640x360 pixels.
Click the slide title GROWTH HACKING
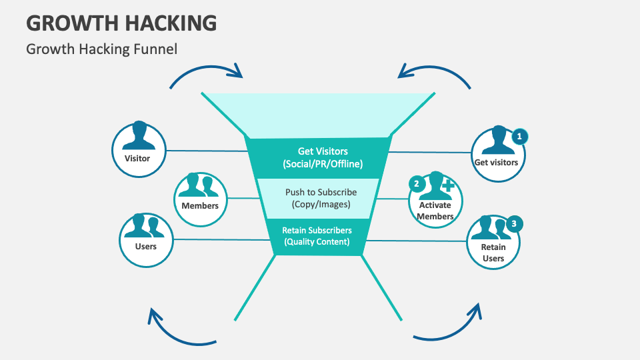point(121,22)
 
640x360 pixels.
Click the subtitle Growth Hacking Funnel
point(101,49)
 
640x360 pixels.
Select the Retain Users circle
point(493,241)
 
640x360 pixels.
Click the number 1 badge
point(519,136)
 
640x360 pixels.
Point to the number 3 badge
point(513,224)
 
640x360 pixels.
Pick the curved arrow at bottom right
point(450,329)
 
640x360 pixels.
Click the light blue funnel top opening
point(319,114)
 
